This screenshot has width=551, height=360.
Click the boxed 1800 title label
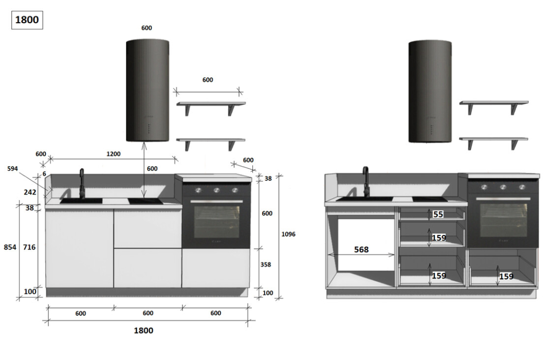tap(27, 20)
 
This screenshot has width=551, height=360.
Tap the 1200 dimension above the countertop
tap(114, 154)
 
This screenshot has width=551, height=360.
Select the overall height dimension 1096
tap(288, 234)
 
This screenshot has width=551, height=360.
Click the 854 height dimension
tap(10, 247)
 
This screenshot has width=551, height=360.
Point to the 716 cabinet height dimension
tap(29, 247)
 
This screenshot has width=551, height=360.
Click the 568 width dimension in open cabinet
tap(361, 249)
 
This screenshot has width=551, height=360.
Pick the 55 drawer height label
tap(438, 214)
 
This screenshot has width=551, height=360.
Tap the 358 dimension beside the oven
tap(266, 264)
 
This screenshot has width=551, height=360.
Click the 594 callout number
tap(12, 169)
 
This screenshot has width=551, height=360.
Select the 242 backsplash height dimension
tap(30, 192)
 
